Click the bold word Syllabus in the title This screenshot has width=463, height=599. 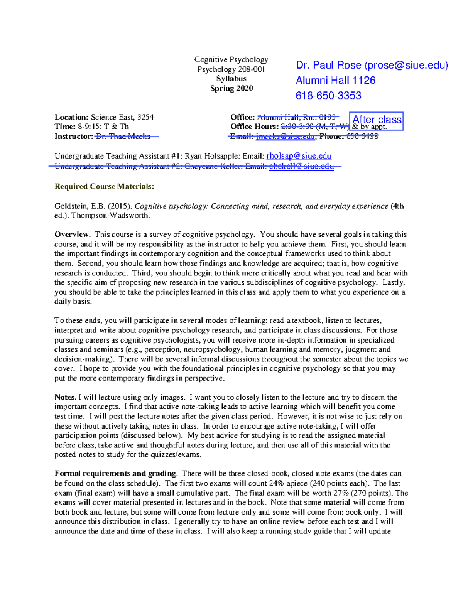tap(231, 79)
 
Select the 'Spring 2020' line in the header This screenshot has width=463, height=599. tap(231, 88)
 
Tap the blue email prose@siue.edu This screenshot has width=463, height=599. tap(407, 65)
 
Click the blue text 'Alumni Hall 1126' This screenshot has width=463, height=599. tap(335, 80)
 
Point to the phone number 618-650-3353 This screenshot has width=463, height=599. tap(328, 96)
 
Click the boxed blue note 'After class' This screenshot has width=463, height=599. tap(377, 120)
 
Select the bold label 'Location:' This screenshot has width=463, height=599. tap(72, 117)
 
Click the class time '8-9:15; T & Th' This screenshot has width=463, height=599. tap(103, 127)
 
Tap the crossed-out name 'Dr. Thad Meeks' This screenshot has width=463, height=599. tap(123, 136)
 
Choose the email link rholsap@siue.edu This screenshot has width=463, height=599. tap(299, 156)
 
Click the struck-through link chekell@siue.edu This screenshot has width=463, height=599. tap(301, 166)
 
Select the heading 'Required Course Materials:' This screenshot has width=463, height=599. tap(104, 186)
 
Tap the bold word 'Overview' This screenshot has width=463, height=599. tap(72, 235)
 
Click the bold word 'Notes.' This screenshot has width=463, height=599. tap(65, 397)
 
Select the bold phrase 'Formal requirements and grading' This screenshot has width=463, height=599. tap(115, 474)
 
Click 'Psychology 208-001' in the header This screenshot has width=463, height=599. tap(231, 69)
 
